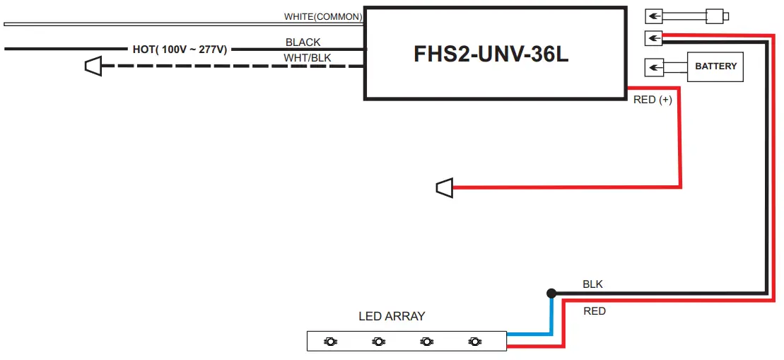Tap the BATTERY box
(x=715, y=66)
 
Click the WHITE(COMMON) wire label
(x=323, y=16)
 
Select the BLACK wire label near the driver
(x=303, y=42)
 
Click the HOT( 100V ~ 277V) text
(x=180, y=50)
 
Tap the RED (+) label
(x=652, y=100)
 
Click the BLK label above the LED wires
(x=592, y=284)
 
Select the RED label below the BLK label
(x=594, y=311)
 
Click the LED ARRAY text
(x=392, y=316)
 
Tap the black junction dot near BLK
(x=551, y=293)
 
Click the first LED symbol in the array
(x=330, y=342)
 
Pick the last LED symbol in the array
(x=474, y=342)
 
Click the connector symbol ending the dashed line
(x=93, y=66)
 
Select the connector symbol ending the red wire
(x=443, y=187)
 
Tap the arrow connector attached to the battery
(x=655, y=67)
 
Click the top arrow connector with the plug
(x=655, y=16)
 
